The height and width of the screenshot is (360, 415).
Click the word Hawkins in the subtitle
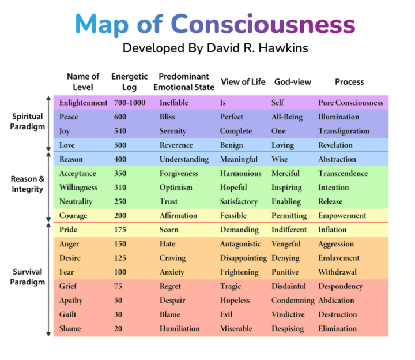click(284, 48)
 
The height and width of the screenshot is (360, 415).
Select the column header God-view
click(293, 82)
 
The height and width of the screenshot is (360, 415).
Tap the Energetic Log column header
click(130, 82)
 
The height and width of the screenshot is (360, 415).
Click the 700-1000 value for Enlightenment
click(130, 103)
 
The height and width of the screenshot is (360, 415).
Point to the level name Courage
click(73, 216)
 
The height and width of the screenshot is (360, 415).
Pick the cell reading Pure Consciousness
click(350, 103)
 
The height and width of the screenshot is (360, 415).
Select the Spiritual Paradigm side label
click(28, 122)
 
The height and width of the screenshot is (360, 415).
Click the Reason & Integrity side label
click(28, 184)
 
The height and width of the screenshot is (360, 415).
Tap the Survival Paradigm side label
click(28, 277)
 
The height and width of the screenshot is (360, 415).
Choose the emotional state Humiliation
click(179, 328)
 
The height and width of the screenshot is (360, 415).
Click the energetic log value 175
click(120, 230)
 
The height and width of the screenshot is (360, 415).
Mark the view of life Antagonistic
click(240, 244)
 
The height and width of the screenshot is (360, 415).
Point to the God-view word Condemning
click(293, 301)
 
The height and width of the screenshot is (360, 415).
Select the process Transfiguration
click(344, 131)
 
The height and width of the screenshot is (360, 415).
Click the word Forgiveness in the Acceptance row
click(179, 174)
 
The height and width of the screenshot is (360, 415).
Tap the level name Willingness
click(78, 187)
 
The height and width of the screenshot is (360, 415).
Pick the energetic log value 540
click(120, 131)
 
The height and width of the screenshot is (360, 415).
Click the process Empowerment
click(342, 216)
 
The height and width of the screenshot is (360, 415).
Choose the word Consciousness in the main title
click(263, 24)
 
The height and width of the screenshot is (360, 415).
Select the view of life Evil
click(226, 314)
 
